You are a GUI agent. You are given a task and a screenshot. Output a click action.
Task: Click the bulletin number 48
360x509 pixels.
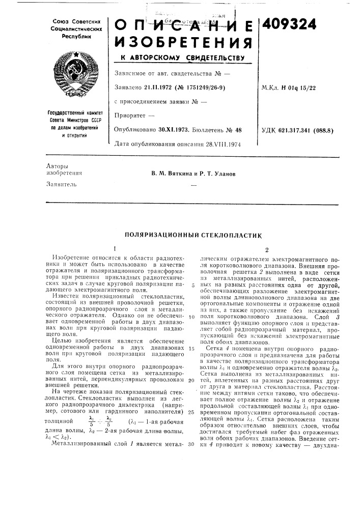point(237,130)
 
